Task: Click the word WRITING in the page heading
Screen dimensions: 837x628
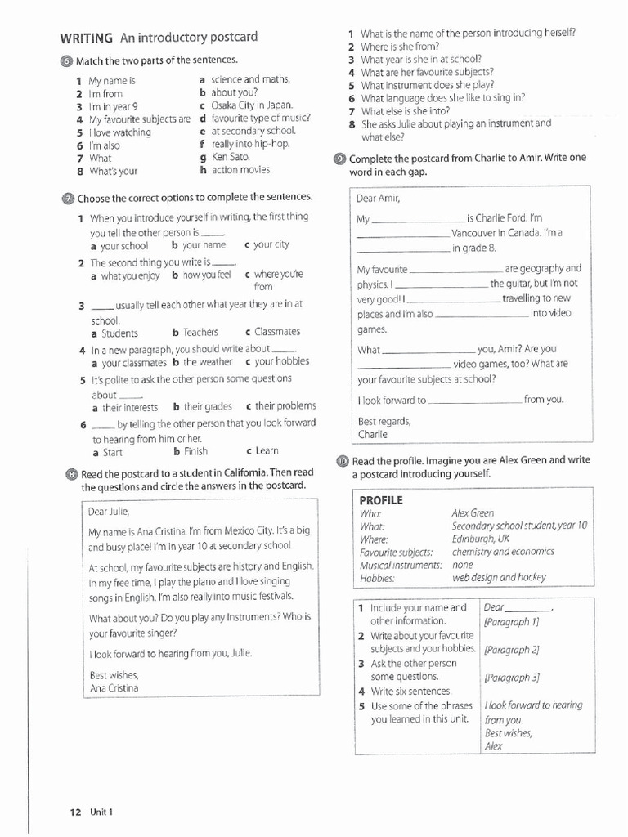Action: (86, 38)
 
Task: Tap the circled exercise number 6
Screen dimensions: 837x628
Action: (67, 60)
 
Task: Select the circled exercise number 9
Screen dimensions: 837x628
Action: (340, 159)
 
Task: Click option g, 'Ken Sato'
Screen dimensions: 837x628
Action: (230, 157)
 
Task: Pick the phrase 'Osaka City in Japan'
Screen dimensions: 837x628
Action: (251, 105)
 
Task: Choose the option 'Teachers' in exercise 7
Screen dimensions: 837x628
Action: (200, 333)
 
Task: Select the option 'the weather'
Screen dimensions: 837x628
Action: (208, 362)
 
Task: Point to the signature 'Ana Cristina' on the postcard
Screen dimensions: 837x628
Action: (114, 688)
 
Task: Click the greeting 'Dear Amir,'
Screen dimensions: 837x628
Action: (379, 199)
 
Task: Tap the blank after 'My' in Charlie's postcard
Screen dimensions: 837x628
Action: (418, 220)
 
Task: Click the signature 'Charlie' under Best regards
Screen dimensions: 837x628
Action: (372, 434)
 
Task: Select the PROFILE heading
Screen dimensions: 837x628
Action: (381, 500)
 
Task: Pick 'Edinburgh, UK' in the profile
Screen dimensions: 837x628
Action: (480, 539)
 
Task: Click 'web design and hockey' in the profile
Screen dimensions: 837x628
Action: (499, 577)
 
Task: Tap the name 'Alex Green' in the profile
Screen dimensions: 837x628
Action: (473, 513)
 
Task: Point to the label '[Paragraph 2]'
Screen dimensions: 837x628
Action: (512, 651)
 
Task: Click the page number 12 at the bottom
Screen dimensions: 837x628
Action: (75, 812)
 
